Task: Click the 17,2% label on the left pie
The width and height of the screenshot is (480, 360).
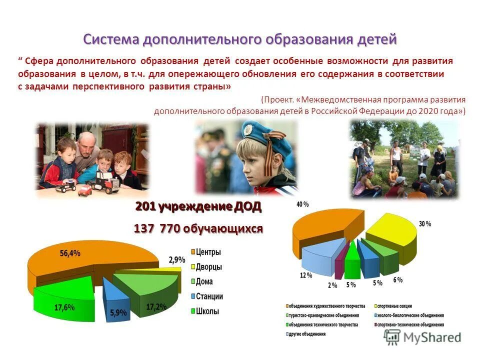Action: [155, 306]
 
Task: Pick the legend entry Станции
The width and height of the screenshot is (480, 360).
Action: [209, 296]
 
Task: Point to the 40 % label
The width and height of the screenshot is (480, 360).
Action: [302, 204]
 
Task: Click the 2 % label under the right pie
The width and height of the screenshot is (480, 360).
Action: [332, 285]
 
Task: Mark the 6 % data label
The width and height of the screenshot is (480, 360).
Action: [397, 280]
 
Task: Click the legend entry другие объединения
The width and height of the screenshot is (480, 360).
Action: [307, 334]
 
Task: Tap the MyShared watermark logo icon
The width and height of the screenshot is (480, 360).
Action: [392, 337]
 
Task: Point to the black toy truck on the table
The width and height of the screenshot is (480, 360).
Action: [106, 182]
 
